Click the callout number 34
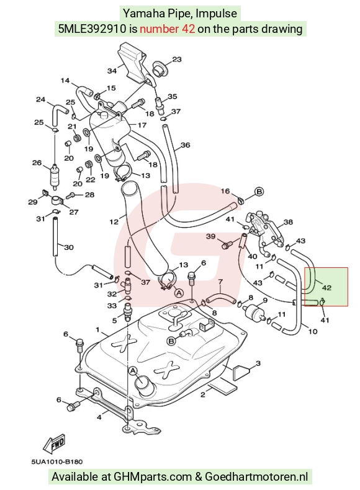(x=112, y=71)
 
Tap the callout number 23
(x=177, y=59)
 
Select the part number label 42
(x=326, y=288)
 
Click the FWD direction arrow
(x=54, y=443)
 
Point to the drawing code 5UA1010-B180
(x=57, y=461)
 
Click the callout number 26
(x=37, y=163)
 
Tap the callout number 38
(x=288, y=222)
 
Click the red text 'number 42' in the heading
(x=168, y=29)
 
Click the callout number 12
(x=114, y=222)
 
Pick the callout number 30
(x=69, y=247)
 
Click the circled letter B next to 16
(x=259, y=191)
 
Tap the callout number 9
(x=265, y=301)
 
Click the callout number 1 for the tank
(x=97, y=330)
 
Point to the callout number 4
(x=99, y=417)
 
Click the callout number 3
(x=258, y=363)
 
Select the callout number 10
(x=313, y=331)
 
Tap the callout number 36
(x=185, y=145)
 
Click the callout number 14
(x=65, y=81)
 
